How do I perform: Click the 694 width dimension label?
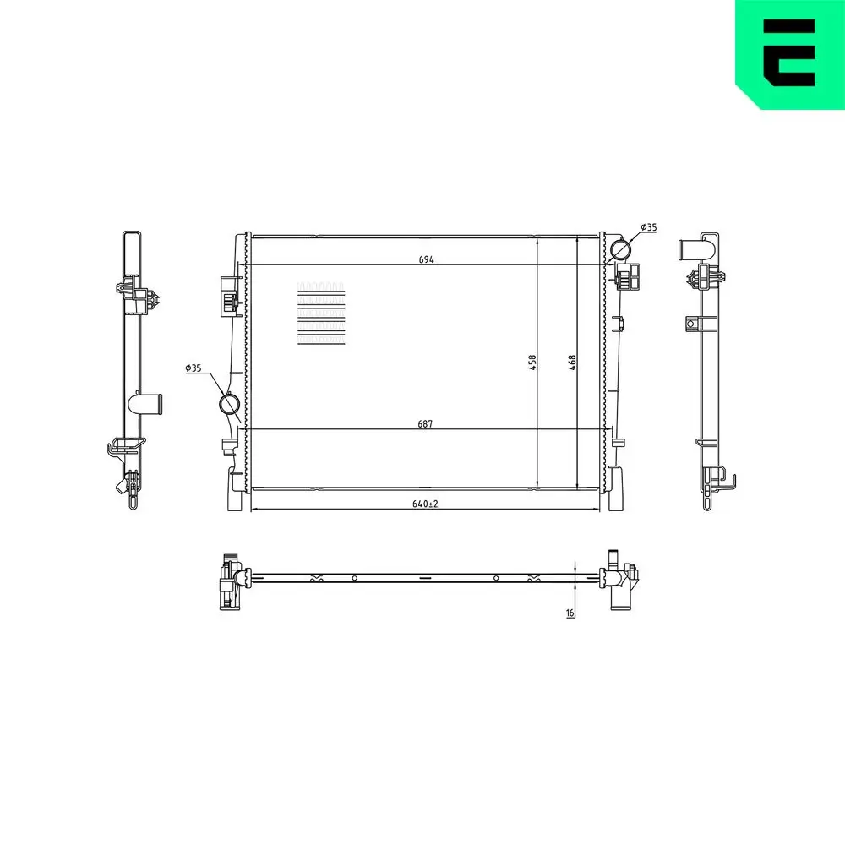[x=426, y=259]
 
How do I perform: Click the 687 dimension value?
[x=425, y=423]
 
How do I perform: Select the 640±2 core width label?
[x=425, y=504]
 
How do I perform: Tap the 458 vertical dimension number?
[x=532, y=363]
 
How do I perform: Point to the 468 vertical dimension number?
[x=572, y=363]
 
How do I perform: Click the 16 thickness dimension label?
[x=570, y=613]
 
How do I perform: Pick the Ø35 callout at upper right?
[x=649, y=227]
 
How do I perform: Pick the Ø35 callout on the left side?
[x=193, y=368]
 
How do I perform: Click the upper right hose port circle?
[x=620, y=250]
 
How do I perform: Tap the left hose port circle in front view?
[x=230, y=404]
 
